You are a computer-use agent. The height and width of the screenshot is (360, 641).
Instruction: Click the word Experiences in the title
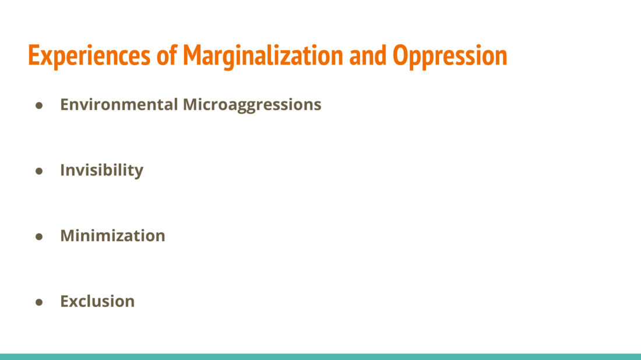pyautogui.click(x=89, y=56)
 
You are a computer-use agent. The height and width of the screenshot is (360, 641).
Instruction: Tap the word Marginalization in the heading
pyautogui.click(x=263, y=56)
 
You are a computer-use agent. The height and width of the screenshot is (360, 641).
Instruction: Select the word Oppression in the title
pyautogui.click(x=450, y=56)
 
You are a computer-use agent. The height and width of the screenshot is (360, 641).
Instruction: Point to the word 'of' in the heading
pyautogui.click(x=167, y=55)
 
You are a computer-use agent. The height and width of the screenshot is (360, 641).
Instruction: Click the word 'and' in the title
pyautogui.click(x=368, y=55)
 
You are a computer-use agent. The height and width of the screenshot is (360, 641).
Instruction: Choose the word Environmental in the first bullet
pyautogui.click(x=119, y=105)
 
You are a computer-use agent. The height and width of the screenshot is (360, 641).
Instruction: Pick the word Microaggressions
pyautogui.click(x=252, y=105)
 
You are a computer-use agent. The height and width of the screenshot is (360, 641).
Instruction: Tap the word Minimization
pyautogui.click(x=113, y=236)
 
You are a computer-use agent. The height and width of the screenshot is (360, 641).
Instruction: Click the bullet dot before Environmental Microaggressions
pyautogui.click(x=39, y=106)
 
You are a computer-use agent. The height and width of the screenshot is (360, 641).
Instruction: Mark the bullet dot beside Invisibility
pyautogui.click(x=39, y=171)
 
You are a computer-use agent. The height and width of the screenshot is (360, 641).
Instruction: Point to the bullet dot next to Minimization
pyautogui.click(x=39, y=237)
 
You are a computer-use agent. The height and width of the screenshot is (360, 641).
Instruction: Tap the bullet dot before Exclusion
pyautogui.click(x=39, y=302)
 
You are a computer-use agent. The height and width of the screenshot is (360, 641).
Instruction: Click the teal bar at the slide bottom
pyautogui.click(x=320, y=357)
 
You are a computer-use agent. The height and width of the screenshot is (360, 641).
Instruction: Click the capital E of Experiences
pyautogui.click(x=33, y=55)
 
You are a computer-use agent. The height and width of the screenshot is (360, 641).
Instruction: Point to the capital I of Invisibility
pyautogui.click(x=63, y=170)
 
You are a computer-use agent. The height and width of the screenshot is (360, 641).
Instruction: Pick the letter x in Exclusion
pyautogui.click(x=76, y=303)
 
